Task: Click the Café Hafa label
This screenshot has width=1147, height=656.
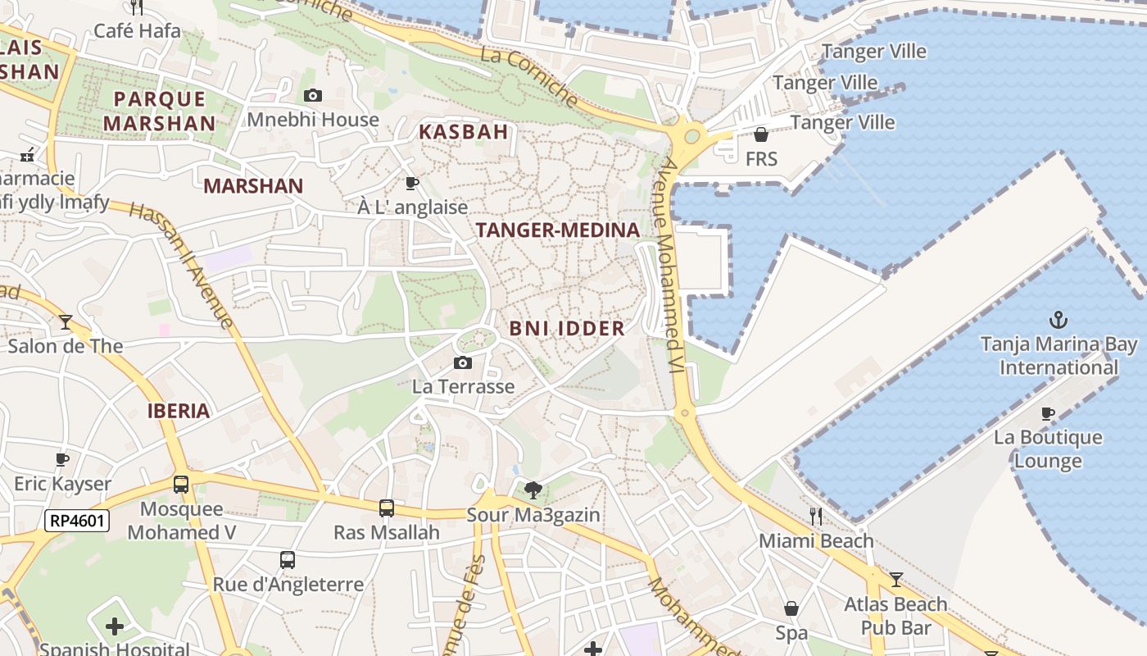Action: (x=137, y=31)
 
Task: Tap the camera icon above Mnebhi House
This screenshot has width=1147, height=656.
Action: (x=313, y=96)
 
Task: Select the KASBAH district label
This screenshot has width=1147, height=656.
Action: (x=464, y=131)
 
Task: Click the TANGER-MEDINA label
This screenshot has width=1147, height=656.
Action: (x=557, y=230)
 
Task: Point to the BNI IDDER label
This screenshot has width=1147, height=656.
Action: (x=567, y=329)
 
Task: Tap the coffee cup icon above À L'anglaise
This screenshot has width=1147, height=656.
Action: (x=412, y=183)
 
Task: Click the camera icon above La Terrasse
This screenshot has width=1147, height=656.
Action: (x=463, y=362)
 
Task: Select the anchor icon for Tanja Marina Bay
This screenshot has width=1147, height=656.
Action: (x=1059, y=319)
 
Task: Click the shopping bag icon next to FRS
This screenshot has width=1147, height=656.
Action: (x=761, y=134)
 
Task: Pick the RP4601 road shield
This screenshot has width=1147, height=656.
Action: (x=77, y=520)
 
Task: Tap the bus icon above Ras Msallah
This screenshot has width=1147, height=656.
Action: (x=387, y=508)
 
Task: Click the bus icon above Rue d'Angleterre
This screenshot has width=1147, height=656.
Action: (x=288, y=560)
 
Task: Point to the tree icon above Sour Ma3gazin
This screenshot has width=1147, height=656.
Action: (x=533, y=490)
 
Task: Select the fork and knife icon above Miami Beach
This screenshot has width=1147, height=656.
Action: (x=815, y=516)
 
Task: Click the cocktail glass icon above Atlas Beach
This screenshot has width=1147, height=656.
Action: (x=895, y=580)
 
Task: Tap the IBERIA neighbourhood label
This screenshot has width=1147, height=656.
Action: (x=179, y=411)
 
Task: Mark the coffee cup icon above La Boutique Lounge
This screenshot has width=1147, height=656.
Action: (x=1048, y=412)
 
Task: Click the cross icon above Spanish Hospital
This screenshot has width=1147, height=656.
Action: (x=115, y=627)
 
